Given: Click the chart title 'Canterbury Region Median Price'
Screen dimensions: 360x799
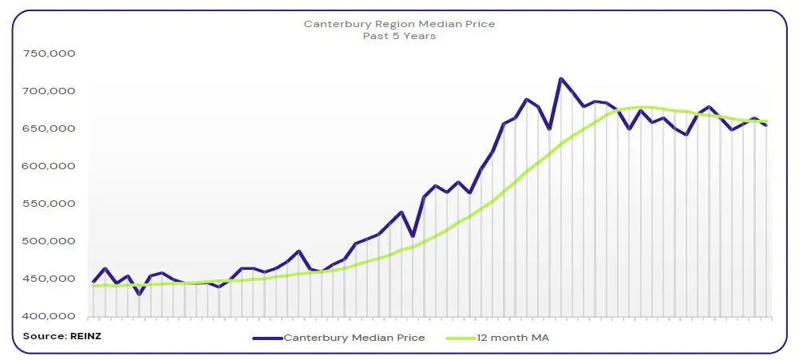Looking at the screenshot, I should click(x=399, y=24).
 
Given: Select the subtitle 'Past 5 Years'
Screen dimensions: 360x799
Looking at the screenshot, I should click(x=399, y=36).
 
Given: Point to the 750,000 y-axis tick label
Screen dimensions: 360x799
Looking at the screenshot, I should click(x=49, y=53).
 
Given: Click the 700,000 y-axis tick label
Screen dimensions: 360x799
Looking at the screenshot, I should click(x=49, y=91).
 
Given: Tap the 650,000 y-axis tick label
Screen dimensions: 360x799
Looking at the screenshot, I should click(x=49, y=129).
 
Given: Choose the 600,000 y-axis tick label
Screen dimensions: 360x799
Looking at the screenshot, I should click(x=49, y=166).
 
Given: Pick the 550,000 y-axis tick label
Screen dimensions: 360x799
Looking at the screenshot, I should click(x=49, y=204).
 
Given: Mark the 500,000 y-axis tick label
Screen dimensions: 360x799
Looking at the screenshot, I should click(x=49, y=241).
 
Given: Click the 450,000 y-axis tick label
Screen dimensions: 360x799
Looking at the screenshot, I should click(x=49, y=279).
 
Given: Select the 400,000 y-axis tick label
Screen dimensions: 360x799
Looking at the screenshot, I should click(x=49, y=316).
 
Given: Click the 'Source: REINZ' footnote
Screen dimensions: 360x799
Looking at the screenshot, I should click(x=62, y=336).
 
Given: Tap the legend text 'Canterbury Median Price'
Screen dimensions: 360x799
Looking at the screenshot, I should click(x=354, y=338).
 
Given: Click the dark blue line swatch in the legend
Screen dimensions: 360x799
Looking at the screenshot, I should click(x=267, y=338).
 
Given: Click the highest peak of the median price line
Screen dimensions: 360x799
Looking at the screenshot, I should click(x=561, y=78).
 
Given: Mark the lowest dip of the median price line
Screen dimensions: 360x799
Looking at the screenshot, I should click(x=140, y=295).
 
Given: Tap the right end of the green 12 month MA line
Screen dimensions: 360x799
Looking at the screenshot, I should click(x=766, y=121).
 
